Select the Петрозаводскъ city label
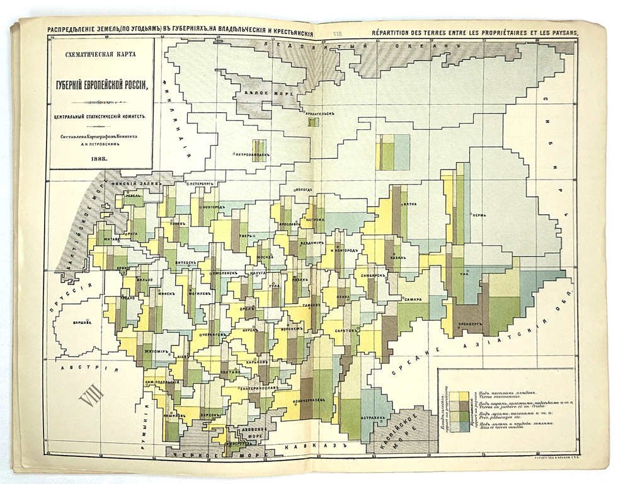pos(251,153)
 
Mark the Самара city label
pos(413,299)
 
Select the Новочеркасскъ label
pos(312,400)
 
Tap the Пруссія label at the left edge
pos(75,289)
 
